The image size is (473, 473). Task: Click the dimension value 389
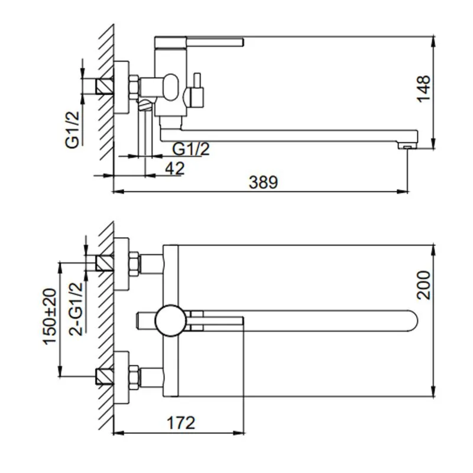pos(263,182)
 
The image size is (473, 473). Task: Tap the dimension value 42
pos(174,168)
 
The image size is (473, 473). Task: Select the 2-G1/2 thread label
pos(76,309)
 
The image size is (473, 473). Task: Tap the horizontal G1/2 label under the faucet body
pos(191,149)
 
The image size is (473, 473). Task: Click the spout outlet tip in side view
pos(407,145)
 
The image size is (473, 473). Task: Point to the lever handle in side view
pos(201,41)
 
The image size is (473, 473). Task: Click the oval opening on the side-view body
pos(171,86)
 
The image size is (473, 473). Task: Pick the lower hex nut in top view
pos(134,378)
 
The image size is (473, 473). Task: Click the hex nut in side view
pos(134,88)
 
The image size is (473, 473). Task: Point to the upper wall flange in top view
pos(122,263)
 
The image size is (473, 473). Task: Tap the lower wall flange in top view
pos(122,378)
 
